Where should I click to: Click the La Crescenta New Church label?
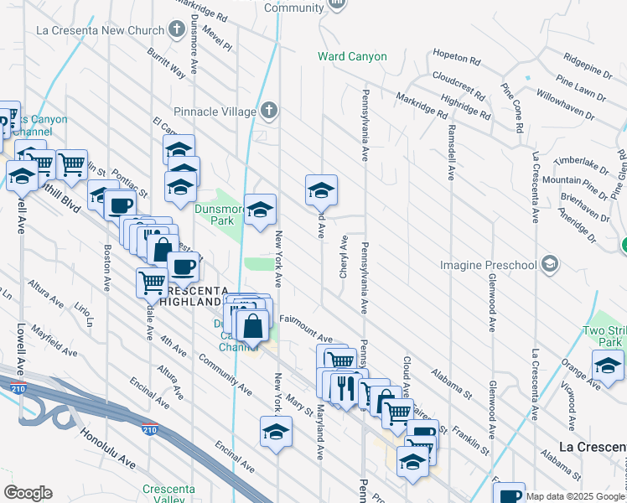100,31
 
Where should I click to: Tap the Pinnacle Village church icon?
268,110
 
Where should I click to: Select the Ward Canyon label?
352,57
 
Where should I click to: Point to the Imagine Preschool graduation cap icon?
550,265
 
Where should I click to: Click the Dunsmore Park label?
195,214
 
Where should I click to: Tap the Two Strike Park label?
604,336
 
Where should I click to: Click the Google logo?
28,493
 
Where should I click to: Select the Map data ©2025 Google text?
575,496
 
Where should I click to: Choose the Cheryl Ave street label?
344,252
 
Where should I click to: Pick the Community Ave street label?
225,374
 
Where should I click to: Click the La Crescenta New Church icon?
176,31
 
